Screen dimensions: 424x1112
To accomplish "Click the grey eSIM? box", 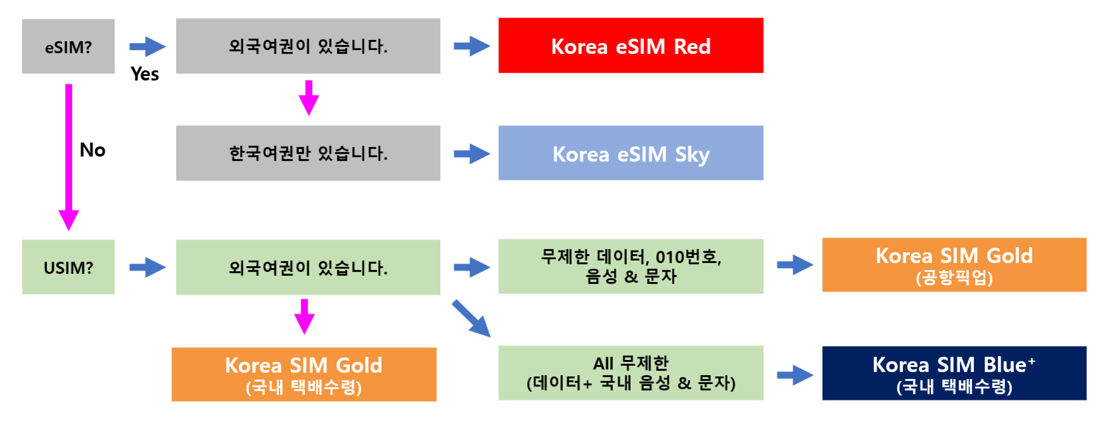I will (x=68, y=46).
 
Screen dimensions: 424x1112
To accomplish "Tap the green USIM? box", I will (x=68, y=267).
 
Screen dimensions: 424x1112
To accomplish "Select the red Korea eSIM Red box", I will (x=631, y=46).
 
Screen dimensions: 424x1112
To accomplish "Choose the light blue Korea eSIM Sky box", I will (x=631, y=153).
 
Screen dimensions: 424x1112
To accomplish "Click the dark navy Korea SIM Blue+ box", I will (x=954, y=373).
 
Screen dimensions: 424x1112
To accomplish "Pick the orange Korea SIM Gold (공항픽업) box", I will (x=954, y=265).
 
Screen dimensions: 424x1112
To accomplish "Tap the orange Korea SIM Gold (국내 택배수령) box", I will (x=304, y=374).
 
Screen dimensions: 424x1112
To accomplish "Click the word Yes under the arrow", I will (x=144, y=74).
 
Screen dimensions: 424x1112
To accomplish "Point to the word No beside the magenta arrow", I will (x=92, y=150).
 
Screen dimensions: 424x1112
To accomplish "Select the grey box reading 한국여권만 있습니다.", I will (x=308, y=153).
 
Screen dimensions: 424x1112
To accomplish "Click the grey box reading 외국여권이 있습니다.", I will (x=308, y=46).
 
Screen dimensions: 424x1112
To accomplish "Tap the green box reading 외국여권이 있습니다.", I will (x=308, y=267).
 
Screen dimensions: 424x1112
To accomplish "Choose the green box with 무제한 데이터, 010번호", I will (x=631, y=266).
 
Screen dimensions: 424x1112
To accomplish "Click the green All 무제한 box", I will (x=631, y=373).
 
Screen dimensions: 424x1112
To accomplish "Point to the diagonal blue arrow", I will (x=471, y=318).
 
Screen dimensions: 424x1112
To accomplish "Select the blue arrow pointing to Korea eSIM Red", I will (x=472, y=46).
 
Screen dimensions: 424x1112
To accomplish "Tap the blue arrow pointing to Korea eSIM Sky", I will (x=472, y=153).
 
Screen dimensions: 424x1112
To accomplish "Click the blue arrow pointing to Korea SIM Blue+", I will (x=795, y=375).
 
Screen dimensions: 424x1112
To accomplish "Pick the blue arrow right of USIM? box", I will (x=147, y=267).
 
